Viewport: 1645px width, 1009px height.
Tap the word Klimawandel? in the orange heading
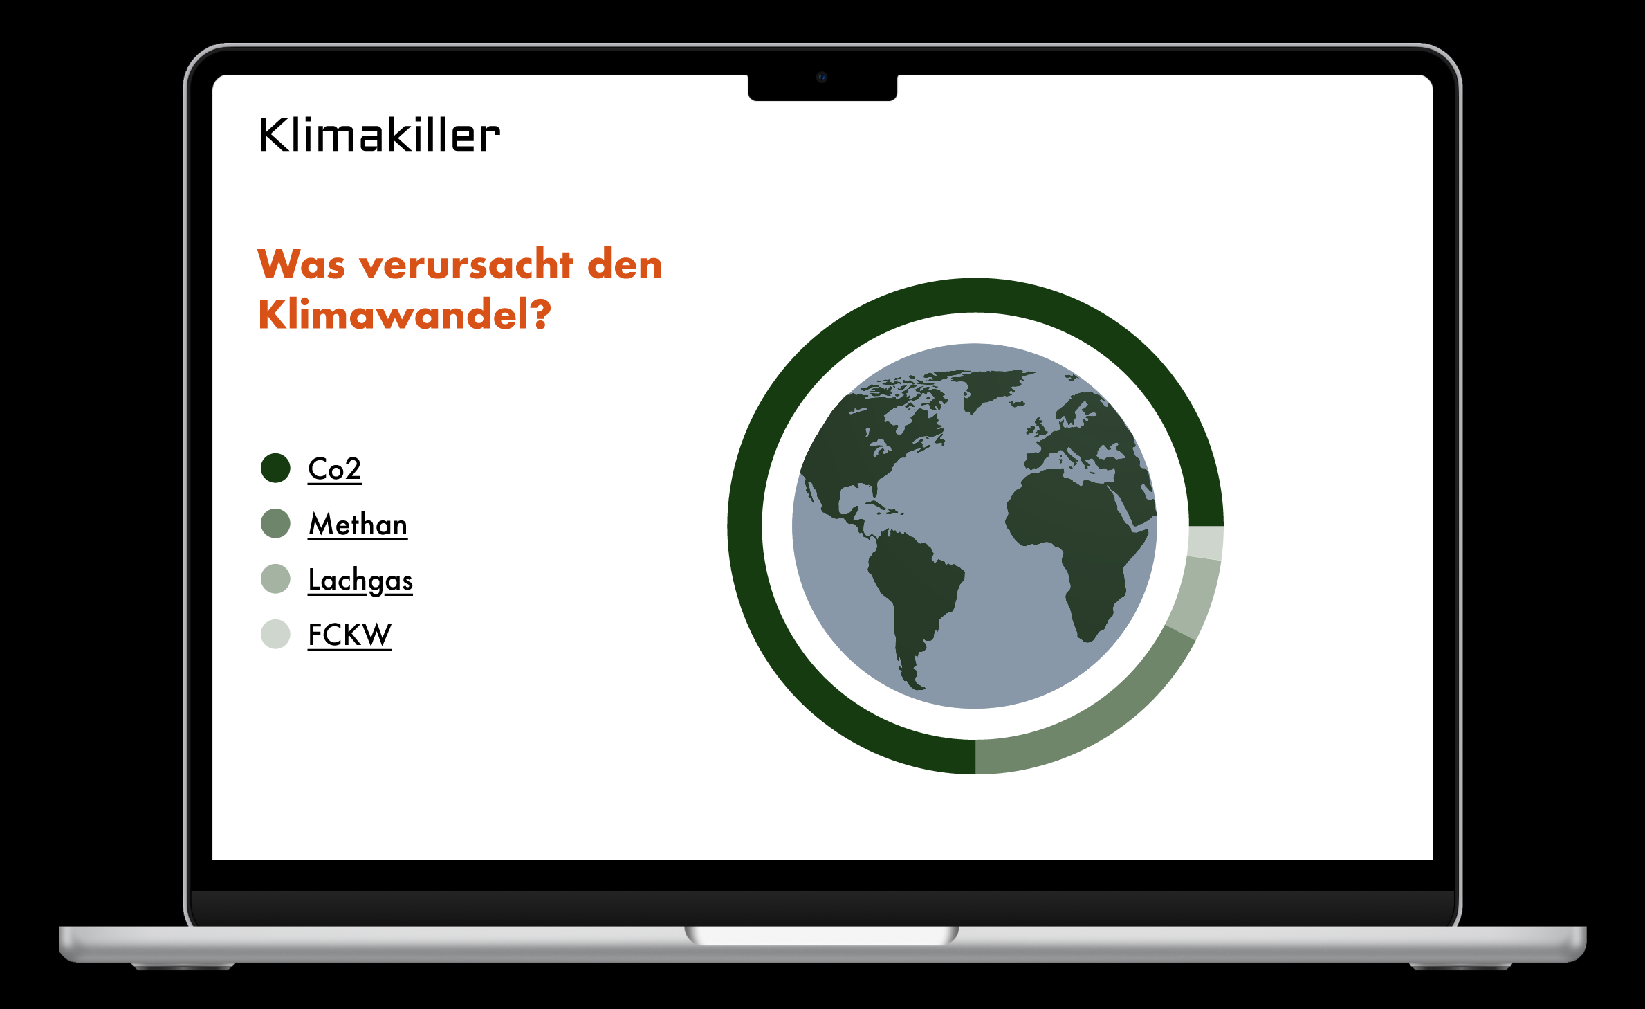[x=405, y=315]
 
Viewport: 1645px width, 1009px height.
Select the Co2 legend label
[x=335, y=469]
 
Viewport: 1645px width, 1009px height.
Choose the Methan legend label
[x=358, y=525]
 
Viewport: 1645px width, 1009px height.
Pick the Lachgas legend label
[x=360, y=580]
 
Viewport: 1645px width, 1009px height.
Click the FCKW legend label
[x=350, y=635]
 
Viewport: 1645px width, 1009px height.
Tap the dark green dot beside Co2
[x=275, y=469]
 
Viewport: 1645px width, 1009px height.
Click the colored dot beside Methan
[x=275, y=523]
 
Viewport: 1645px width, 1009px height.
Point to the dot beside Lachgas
[x=275, y=579]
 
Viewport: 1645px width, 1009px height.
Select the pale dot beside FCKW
[x=275, y=634]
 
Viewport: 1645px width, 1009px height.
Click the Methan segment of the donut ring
[x=1100, y=720]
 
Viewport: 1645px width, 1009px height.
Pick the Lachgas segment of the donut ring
[x=1195, y=598]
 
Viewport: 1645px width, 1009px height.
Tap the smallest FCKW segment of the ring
[x=1206, y=543]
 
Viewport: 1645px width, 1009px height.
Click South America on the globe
[x=912, y=602]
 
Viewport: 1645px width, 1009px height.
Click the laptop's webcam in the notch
[x=822, y=77]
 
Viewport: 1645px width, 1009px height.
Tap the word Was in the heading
[x=302, y=264]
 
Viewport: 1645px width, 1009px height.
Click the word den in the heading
[x=625, y=264]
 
